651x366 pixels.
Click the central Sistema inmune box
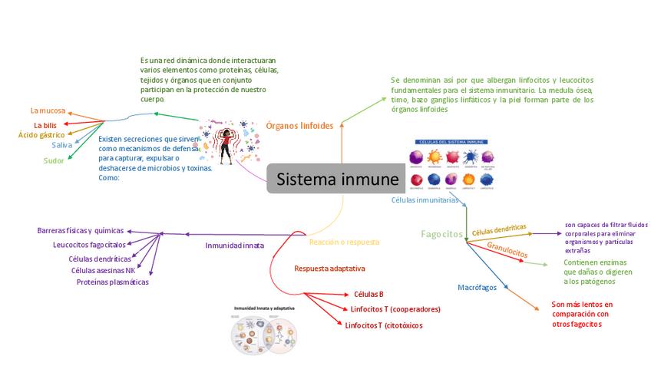[338, 180]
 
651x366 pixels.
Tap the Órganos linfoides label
[299, 125]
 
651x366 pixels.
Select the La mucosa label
[48, 110]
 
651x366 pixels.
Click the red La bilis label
[45, 125]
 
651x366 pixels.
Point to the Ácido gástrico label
[41, 135]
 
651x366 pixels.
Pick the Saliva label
[62, 145]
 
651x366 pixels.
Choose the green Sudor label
[54, 160]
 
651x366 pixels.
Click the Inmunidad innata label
[234, 246]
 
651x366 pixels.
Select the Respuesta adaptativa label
[329, 269]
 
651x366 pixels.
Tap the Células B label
[368, 294]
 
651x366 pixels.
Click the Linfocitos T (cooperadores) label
[395, 309]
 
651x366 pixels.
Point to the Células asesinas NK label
[103, 270]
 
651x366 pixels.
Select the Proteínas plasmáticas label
[113, 282]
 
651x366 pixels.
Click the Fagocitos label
[442, 233]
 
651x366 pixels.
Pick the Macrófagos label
[477, 287]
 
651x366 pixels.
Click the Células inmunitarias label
[425, 200]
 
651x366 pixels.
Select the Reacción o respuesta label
[344, 242]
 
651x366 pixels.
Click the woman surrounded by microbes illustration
[228, 142]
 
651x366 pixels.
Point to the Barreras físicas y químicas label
[81, 230]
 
